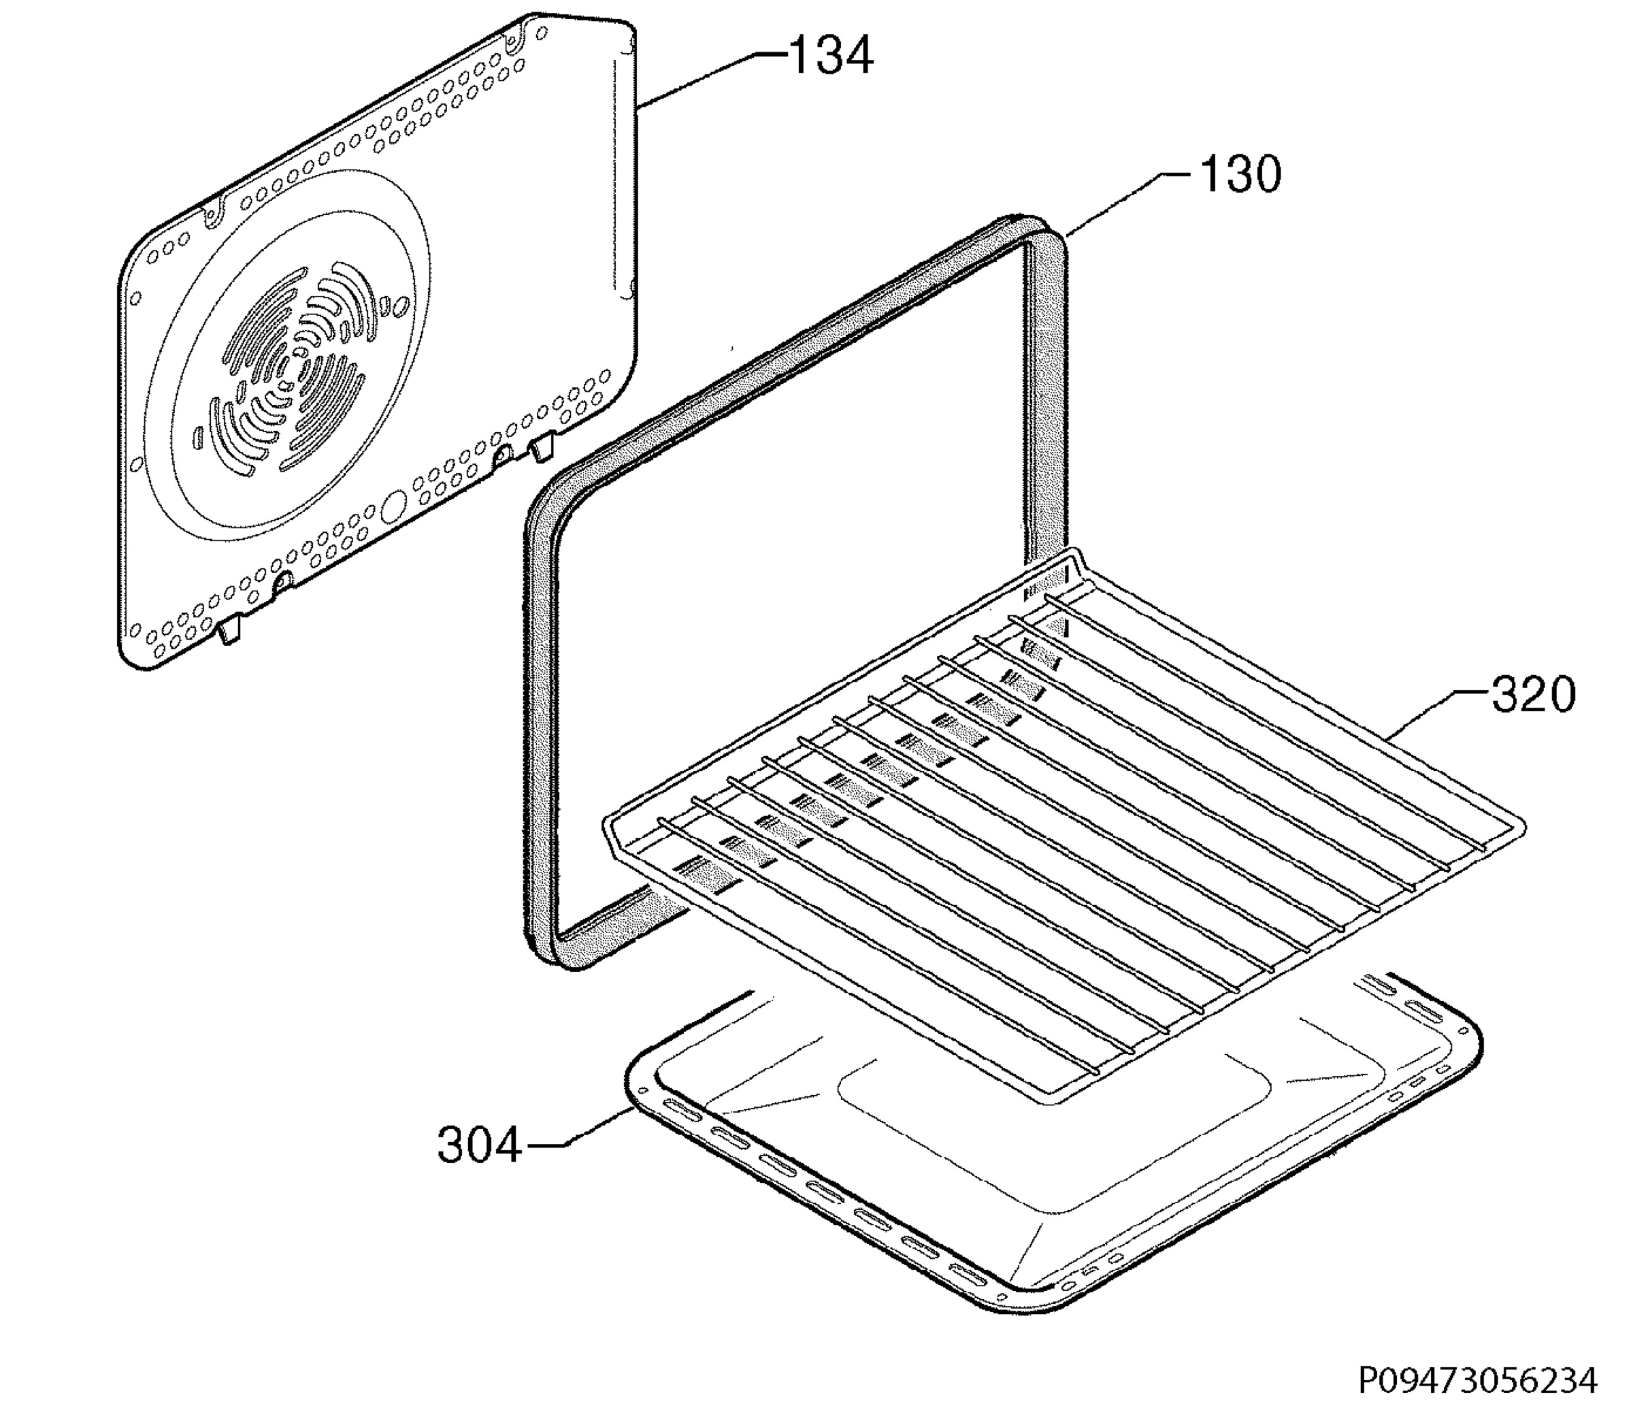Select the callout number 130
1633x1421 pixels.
click(1239, 174)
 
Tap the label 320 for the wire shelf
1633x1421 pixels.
click(1533, 695)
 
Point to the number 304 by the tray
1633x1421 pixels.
click(480, 1145)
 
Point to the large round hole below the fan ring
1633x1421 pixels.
click(393, 507)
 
